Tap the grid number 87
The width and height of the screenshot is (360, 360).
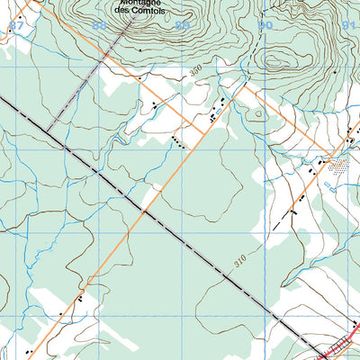point(16,26)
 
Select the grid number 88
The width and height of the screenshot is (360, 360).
point(98,26)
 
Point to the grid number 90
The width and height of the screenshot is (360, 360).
point(265,26)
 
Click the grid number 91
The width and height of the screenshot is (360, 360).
point(349,26)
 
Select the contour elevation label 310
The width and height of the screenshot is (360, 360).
point(239,262)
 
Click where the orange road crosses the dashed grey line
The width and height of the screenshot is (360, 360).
point(144,212)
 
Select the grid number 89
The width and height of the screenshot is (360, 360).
point(183,26)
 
